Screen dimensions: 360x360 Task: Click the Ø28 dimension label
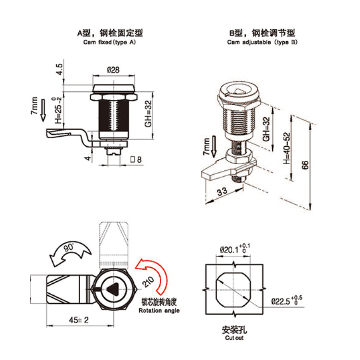point(113,70)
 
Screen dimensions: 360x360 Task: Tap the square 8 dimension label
point(136,159)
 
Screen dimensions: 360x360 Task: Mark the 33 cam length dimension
point(222,192)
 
